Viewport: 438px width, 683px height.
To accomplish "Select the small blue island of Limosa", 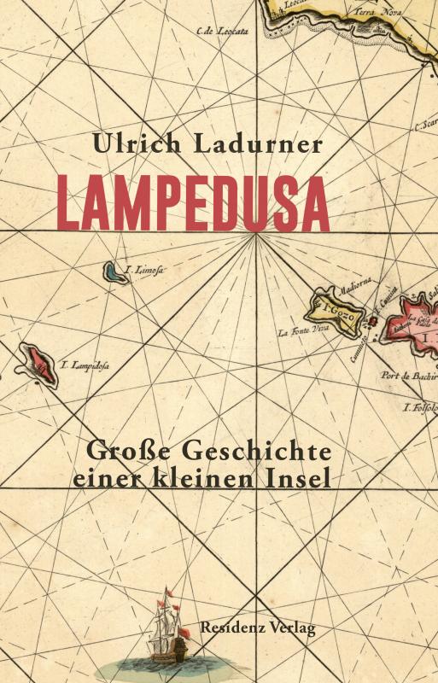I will (113, 272).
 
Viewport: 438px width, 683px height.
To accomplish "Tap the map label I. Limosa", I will (145, 271).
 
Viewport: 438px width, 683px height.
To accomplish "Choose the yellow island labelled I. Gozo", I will (337, 306).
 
